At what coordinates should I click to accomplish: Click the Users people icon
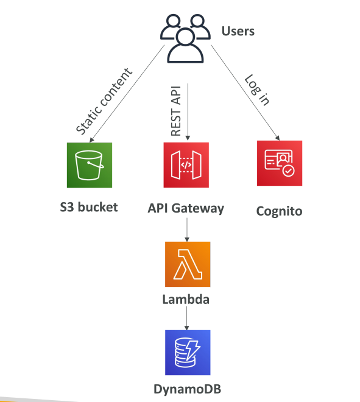(185, 38)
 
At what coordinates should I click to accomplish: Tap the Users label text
(238, 31)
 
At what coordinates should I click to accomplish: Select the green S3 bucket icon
(90, 165)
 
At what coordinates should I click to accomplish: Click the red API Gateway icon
(186, 165)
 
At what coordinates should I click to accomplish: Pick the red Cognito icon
(280, 163)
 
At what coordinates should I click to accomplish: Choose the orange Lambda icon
(188, 264)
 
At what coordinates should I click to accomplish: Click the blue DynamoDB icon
(188, 353)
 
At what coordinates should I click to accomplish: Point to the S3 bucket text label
(89, 207)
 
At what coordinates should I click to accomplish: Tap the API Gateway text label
(186, 209)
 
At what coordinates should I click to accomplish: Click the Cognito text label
(279, 211)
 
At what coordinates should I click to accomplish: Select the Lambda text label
(186, 300)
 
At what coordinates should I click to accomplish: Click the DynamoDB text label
(187, 389)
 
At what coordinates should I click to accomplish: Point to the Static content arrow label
(104, 101)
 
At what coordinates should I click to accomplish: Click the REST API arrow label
(176, 111)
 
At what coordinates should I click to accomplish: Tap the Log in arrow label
(257, 90)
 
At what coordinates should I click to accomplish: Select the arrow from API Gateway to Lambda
(187, 230)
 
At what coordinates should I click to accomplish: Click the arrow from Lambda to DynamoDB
(186, 318)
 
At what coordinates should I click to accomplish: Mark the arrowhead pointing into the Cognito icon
(277, 138)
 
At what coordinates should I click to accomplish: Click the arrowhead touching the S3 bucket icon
(91, 139)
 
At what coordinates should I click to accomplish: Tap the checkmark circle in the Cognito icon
(289, 171)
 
